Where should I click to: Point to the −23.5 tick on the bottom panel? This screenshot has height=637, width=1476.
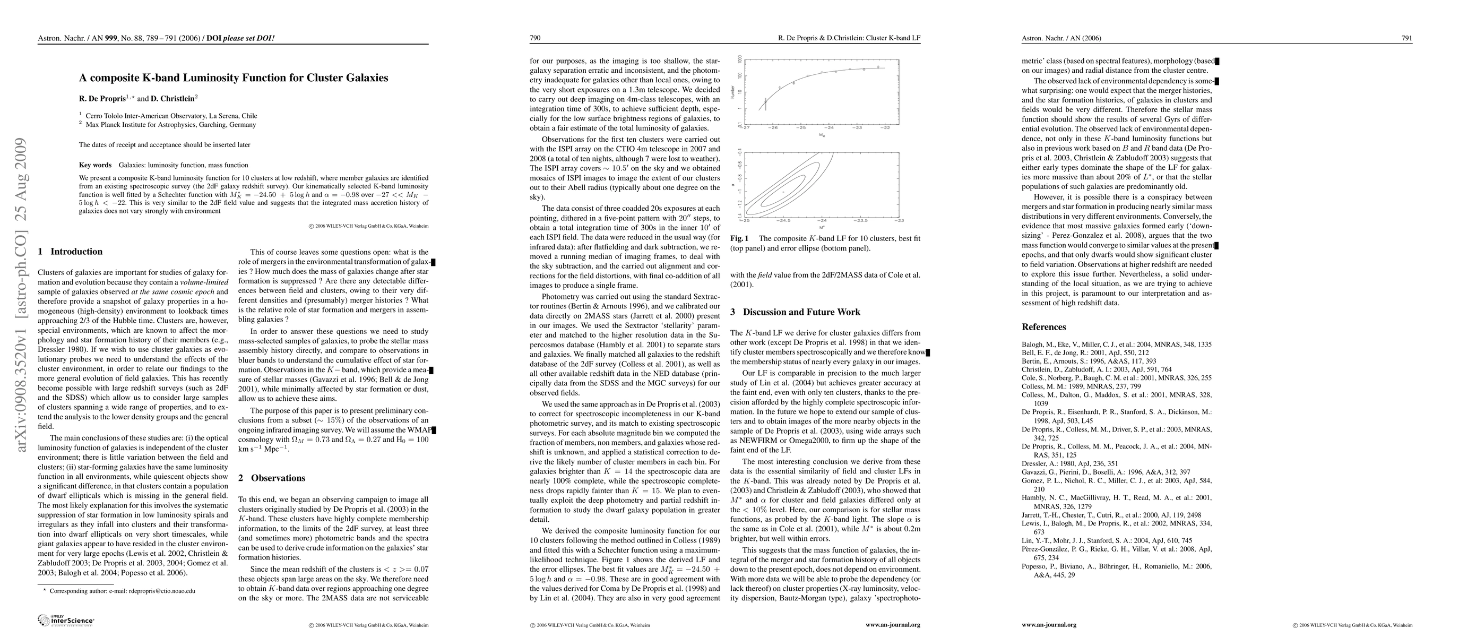[x=861, y=220]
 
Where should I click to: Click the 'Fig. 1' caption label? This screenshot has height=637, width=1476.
[x=739, y=238]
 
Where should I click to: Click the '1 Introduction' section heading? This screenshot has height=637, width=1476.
[x=70, y=252]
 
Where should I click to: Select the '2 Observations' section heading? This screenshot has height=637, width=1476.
[x=272, y=478]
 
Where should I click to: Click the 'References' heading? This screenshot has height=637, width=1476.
[x=1043, y=327]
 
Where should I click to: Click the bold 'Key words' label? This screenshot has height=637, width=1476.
[x=95, y=165]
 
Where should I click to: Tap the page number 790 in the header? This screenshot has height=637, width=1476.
[x=535, y=38]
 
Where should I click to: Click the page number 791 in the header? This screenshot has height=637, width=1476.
[x=1406, y=38]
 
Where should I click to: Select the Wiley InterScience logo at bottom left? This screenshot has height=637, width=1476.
[x=65, y=620]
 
